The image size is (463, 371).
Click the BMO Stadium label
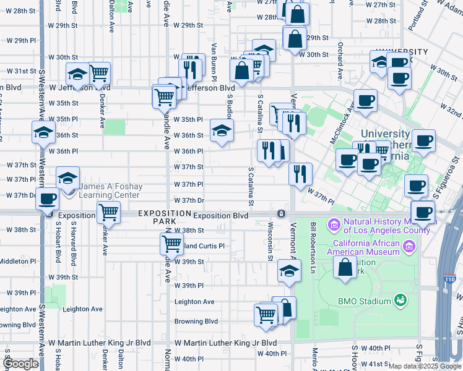[x=365, y=301]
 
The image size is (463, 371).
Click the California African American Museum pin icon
[x=409, y=247]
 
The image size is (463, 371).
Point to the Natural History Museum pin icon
[x=334, y=223]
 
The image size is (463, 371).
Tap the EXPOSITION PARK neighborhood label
[x=164, y=217]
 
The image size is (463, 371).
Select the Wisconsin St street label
[x=270, y=242]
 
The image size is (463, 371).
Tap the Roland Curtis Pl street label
[x=201, y=245]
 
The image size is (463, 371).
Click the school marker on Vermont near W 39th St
[x=288, y=271]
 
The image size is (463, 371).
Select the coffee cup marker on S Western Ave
[x=47, y=199]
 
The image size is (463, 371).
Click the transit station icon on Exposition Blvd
[x=281, y=213]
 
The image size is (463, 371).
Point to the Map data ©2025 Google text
[x=425, y=366]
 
